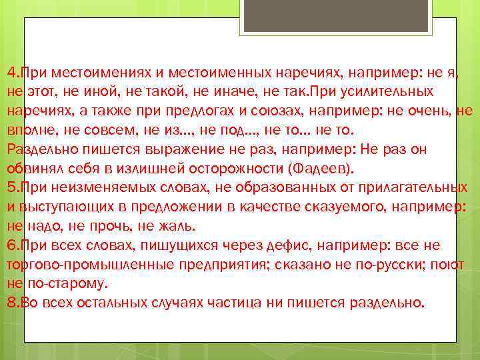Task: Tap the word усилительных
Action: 383,91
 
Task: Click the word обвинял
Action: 30,168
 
